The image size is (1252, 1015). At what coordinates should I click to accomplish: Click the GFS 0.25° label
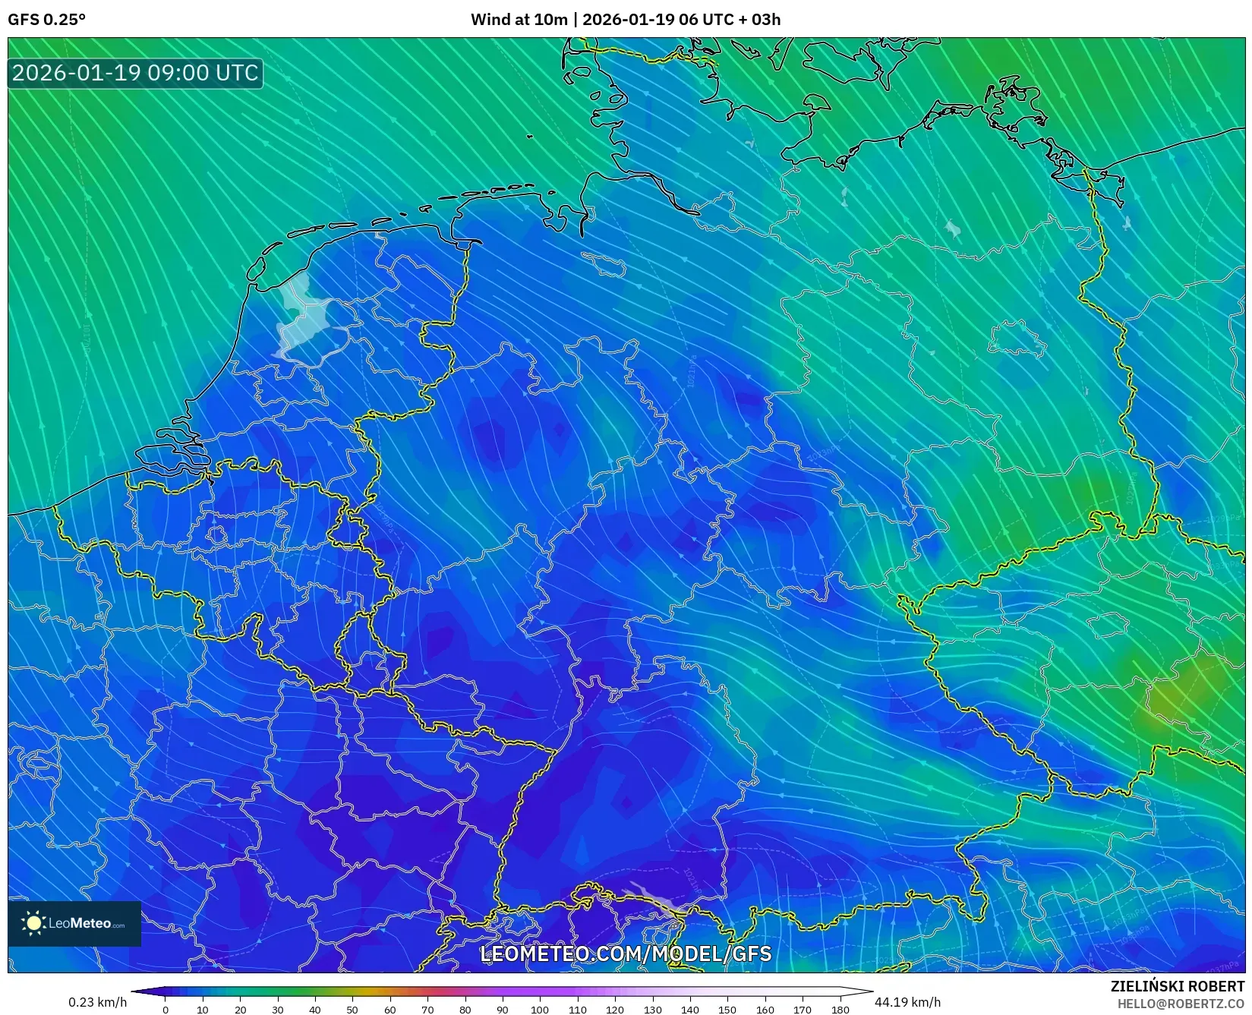coord(46,20)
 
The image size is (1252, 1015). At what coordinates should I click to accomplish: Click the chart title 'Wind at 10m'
coord(519,20)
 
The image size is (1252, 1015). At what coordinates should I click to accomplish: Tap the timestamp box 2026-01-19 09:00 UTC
coord(136,73)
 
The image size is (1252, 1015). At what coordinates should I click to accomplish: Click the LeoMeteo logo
coord(74,923)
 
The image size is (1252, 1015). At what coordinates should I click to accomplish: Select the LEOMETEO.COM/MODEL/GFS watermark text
coord(626,954)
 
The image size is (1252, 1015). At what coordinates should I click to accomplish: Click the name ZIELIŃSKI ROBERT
coord(1177,986)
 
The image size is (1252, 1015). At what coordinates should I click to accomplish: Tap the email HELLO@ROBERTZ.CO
coord(1180,1004)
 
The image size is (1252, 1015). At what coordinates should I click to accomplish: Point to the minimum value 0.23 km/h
coord(98,1002)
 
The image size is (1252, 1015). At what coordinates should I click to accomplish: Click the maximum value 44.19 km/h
coord(907,1002)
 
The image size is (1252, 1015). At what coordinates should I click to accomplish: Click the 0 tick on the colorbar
coord(166,1009)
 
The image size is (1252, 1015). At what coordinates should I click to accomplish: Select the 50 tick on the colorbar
coord(352,1009)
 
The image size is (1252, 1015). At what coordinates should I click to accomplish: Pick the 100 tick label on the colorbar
coord(540,1009)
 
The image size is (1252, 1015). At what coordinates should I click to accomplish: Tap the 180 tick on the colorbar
coord(840,1009)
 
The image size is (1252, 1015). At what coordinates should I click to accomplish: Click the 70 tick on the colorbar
coord(427,1009)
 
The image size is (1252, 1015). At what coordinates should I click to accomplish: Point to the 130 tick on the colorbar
coord(652,1009)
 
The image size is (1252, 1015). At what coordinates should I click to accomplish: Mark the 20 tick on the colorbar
coord(240,1009)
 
